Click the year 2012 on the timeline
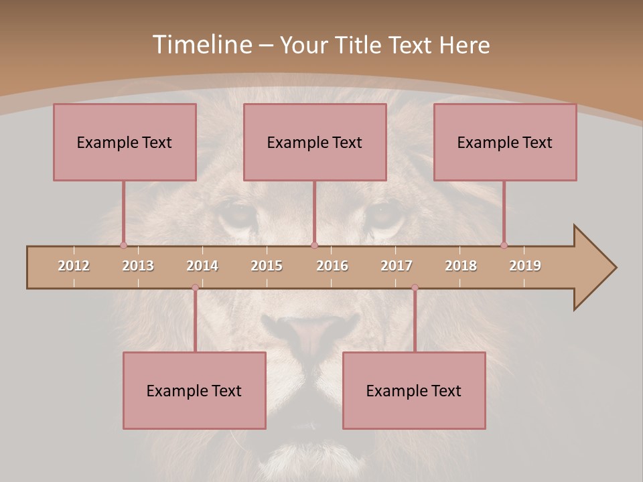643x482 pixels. [x=74, y=266]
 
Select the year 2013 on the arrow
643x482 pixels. [x=138, y=266]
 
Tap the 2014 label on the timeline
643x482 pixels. [x=202, y=266]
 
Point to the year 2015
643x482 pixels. [x=267, y=266]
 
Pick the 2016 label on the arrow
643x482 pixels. [x=332, y=266]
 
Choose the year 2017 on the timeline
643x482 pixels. [x=397, y=266]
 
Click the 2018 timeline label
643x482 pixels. [x=461, y=266]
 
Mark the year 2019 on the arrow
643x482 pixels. [x=525, y=266]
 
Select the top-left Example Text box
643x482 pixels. [x=125, y=142]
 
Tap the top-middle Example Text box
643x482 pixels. [x=315, y=142]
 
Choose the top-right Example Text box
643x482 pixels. [x=505, y=142]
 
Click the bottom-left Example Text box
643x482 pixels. [x=194, y=390]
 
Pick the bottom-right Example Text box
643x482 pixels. [x=414, y=390]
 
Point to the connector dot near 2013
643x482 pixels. [x=123, y=245]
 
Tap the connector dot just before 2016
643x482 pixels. [x=314, y=245]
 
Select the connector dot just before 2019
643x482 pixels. [x=504, y=245]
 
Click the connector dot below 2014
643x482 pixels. [x=195, y=288]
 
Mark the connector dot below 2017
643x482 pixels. [x=415, y=288]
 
